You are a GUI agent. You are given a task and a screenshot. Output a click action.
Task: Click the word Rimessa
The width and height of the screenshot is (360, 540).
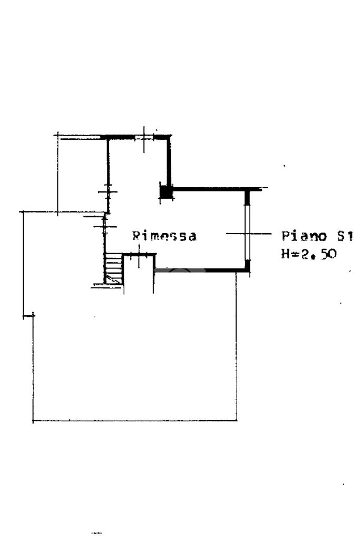pyautogui.click(x=164, y=236)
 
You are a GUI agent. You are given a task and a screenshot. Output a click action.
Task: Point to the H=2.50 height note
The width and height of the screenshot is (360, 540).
pyautogui.click(x=309, y=254)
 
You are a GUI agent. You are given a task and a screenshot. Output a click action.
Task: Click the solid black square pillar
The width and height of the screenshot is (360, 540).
pyautogui.click(x=166, y=192)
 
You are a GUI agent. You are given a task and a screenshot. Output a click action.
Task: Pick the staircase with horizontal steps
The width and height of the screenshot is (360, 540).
pyautogui.click(x=113, y=268)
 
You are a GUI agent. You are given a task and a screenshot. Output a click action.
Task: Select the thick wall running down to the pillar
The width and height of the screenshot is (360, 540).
pyautogui.click(x=169, y=161)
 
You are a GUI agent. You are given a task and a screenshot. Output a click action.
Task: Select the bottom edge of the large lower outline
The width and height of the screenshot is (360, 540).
pyautogui.click(x=134, y=420)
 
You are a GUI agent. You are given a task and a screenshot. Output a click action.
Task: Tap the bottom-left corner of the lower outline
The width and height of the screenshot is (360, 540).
pyautogui.click(x=33, y=420)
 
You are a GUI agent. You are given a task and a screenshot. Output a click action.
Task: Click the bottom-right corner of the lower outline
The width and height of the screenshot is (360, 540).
pyautogui.click(x=236, y=420)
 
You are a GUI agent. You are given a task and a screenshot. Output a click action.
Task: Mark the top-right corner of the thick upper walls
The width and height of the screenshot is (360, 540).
pyautogui.click(x=170, y=137)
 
